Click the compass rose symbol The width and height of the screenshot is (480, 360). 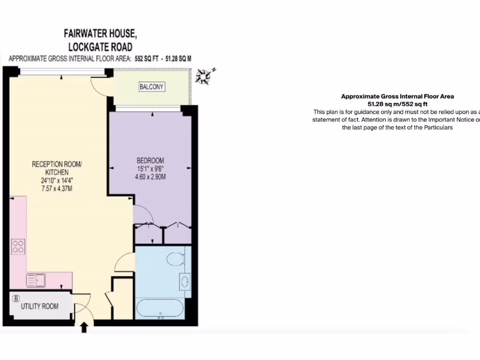[204, 76]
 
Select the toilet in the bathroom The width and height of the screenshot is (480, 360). [176, 259]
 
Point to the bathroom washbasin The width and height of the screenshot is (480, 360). [185, 281]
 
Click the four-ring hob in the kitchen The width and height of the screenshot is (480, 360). [18, 246]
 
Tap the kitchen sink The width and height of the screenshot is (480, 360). [36, 280]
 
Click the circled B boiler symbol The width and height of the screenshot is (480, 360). [16, 298]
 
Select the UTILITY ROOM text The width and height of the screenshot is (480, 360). [40, 307]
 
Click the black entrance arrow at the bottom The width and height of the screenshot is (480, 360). [84, 327]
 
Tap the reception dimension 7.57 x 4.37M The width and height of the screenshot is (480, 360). [56, 189]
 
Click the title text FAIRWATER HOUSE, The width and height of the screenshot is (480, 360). [100, 34]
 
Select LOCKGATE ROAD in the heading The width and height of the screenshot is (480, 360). [100, 47]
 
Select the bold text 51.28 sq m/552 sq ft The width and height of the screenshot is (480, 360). [397, 104]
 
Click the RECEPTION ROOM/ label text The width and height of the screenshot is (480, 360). [57, 164]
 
